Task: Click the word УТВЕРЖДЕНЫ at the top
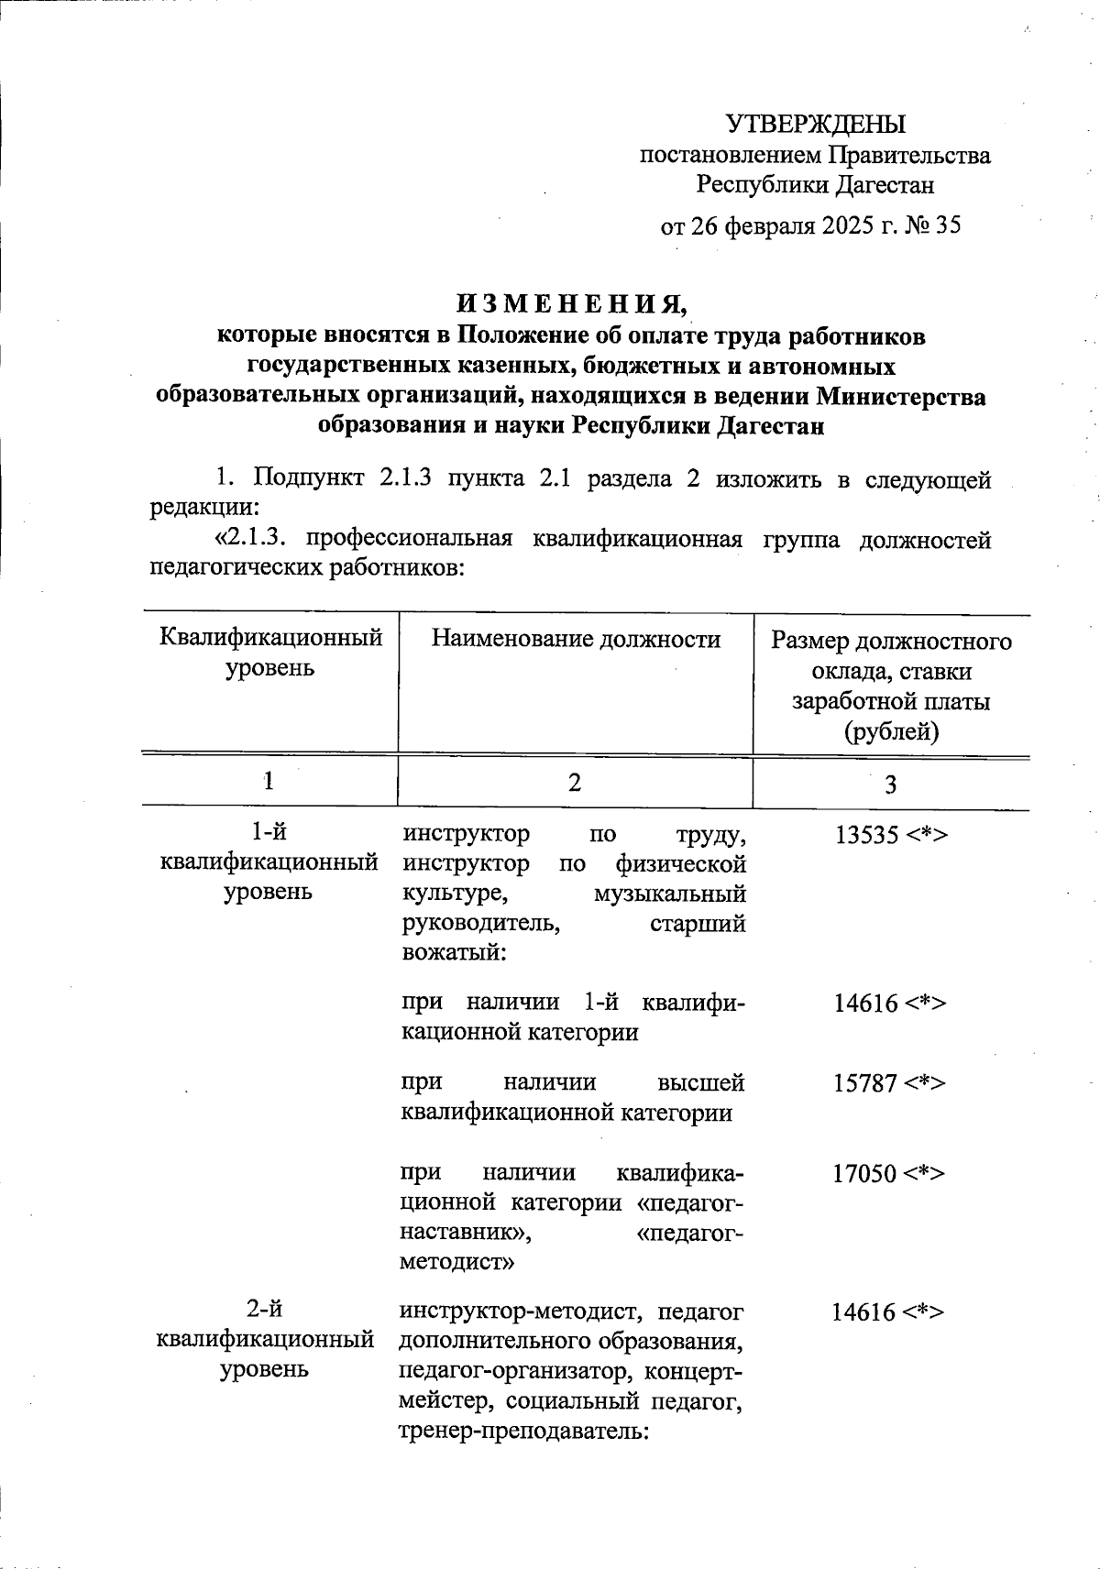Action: [815, 124]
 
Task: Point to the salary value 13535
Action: [866, 835]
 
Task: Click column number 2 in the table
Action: [574, 782]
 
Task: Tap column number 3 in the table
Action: [890, 784]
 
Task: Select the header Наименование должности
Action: [576, 639]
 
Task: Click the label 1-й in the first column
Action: [269, 832]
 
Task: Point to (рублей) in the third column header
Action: [890, 730]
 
